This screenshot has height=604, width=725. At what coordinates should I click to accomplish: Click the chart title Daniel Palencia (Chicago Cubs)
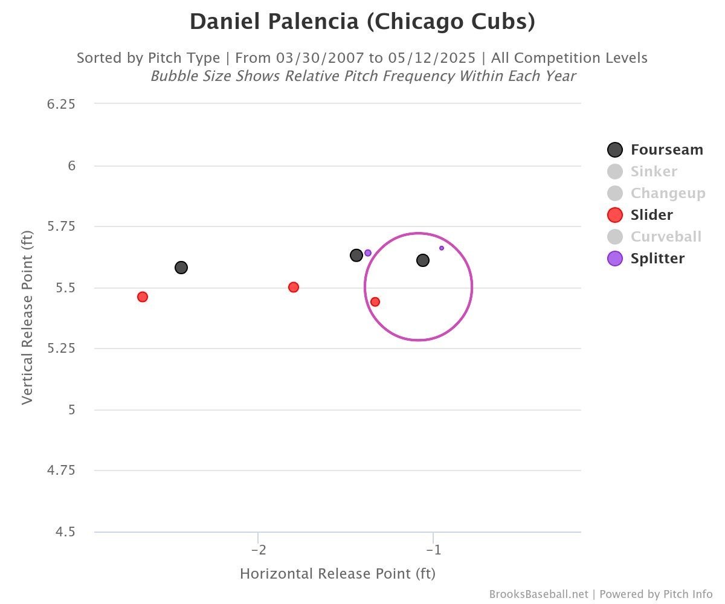[x=362, y=22]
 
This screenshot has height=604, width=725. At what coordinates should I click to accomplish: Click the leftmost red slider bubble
[x=143, y=297]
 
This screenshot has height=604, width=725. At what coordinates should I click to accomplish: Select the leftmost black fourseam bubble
[x=181, y=268]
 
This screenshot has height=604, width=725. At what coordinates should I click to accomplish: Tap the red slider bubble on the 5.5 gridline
[x=294, y=287]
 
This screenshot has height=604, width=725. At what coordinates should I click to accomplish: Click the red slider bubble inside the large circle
[x=375, y=301]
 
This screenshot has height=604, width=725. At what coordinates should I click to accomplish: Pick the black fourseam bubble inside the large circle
[x=423, y=260]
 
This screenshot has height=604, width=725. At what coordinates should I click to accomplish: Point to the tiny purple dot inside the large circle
[x=442, y=248]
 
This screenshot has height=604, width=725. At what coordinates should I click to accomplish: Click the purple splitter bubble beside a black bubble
[x=368, y=252]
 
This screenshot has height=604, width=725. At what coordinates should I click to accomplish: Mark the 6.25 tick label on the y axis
[x=61, y=104]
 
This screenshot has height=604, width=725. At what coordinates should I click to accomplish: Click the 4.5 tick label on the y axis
[x=65, y=532]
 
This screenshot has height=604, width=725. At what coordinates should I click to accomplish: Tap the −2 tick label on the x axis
[x=258, y=550]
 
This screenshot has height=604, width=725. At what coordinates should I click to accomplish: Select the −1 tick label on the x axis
[x=433, y=550]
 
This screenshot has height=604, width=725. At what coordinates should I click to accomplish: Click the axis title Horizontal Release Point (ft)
[x=337, y=574]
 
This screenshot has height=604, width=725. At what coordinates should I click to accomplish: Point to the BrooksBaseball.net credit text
[x=538, y=594]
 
